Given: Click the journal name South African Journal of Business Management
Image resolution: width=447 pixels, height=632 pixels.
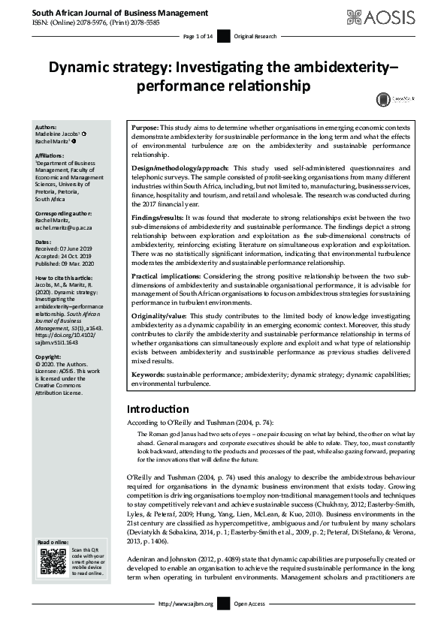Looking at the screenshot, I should pyautogui.click(x=110, y=13).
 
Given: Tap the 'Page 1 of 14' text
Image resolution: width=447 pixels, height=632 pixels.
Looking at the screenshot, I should pyautogui.click(x=198, y=36).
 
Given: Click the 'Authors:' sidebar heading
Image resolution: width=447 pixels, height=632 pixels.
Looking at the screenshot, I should pyautogui.click(x=46, y=128).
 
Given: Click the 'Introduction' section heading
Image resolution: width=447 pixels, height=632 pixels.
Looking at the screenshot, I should pyautogui.click(x=157, y=410).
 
